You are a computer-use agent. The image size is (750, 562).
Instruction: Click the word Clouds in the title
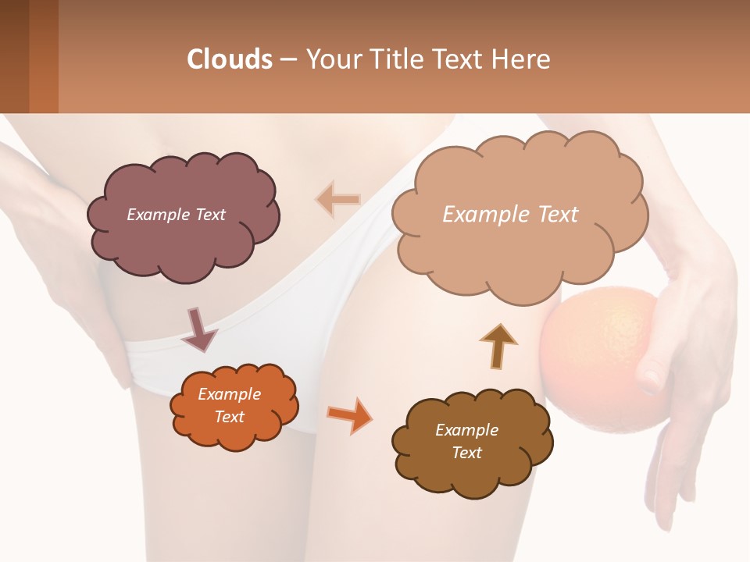tap(230, 59)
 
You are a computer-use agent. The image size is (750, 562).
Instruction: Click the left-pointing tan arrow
tap(337, 199)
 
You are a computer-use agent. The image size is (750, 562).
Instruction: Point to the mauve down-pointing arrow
tap(198, 329)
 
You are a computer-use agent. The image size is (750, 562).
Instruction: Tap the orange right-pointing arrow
tap(349, 414)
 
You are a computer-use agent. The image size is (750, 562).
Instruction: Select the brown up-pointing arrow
tap(498, 345)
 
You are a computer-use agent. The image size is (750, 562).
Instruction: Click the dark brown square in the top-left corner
tap(15, 56)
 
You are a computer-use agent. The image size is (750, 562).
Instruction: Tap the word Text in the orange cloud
tap(230, 417)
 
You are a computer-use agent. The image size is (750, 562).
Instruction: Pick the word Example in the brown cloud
tap(466, 430)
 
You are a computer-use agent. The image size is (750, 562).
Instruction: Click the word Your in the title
tap(327, 59)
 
